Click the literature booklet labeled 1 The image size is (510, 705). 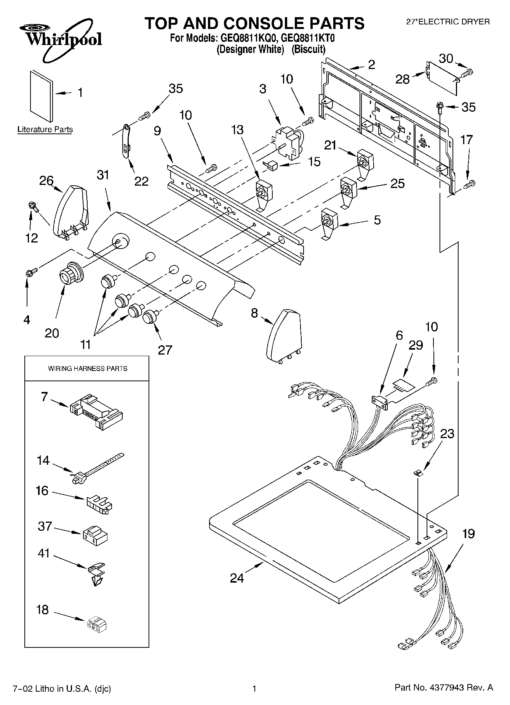pyautogui.click(x=42, y=95)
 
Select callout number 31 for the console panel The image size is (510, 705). pyautogui.click(x=102, y=175)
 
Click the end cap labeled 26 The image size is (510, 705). pyautogui.click(x=71, y=211)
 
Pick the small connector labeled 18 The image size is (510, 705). pyautogui.click(x=96, y=625)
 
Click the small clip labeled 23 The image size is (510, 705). pyautogui.click(x=418, y=473)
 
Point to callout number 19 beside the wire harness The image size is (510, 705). pyautogui.click(x=468, y=534)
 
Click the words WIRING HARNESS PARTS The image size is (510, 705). pyautogui.click(x=88, y=369)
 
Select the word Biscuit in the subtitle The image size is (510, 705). pyautogui.click(x=309, y=49)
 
